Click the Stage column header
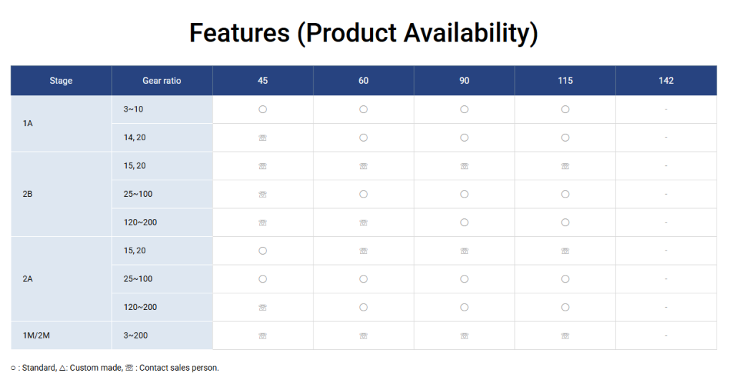tap(61, 80)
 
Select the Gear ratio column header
tap(162, 80)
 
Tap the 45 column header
tap(263, 80)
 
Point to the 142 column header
tap(666, 80)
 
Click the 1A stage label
tap(28, 123)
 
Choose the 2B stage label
tap(28, 194)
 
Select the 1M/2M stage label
tap(36, 335)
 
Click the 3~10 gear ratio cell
tap(133, 109)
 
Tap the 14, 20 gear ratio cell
tap(135, 137)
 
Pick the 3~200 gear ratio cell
tap(135, 335)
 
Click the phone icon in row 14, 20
tap(263, 138)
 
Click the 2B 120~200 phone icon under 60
tap(364, 223)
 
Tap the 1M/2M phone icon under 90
tap(464, 336)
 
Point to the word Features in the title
tap(239, 33)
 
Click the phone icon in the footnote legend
tap(130, 368)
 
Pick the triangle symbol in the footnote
tap(62, 368)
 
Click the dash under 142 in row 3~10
tap(666, 109)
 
